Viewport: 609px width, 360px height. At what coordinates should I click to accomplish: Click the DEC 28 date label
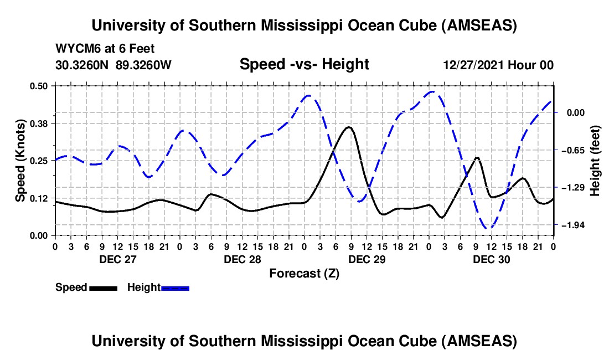[242, 259]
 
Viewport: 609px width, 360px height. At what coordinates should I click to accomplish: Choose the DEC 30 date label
[492, 259]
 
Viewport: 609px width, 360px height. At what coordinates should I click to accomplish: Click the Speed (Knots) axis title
[20, 160]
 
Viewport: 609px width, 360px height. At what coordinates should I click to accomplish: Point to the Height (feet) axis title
[596, 160]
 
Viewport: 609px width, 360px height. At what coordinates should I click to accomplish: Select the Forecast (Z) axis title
[304, 273]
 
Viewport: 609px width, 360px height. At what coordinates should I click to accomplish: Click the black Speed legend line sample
[103, 288]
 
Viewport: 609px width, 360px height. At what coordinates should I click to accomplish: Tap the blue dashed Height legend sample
[175, 288]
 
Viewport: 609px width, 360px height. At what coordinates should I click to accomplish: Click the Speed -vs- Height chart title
[304, 64]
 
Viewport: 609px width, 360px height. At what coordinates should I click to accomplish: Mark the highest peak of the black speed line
[348, 127]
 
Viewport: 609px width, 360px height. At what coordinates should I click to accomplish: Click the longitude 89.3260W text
[144, 65]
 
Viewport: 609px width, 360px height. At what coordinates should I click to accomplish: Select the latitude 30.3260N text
[83, 65]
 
